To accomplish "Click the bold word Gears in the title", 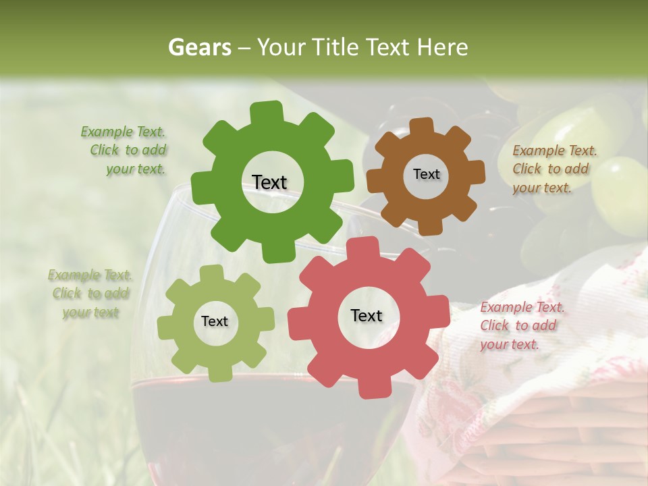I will [x=199, y=47].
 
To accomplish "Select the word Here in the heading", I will [x=443, y=47].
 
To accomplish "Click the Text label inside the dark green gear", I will [x=269, y=182].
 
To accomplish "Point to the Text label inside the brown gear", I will [x=426, y=174].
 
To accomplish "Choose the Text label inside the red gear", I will [x=367, y=315].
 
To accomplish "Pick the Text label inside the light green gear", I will [x=215, y=321].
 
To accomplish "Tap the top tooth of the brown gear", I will [x=422, y=126].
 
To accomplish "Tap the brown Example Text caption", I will [x=554, y=169].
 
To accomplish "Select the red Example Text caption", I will [x=521, y=325].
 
